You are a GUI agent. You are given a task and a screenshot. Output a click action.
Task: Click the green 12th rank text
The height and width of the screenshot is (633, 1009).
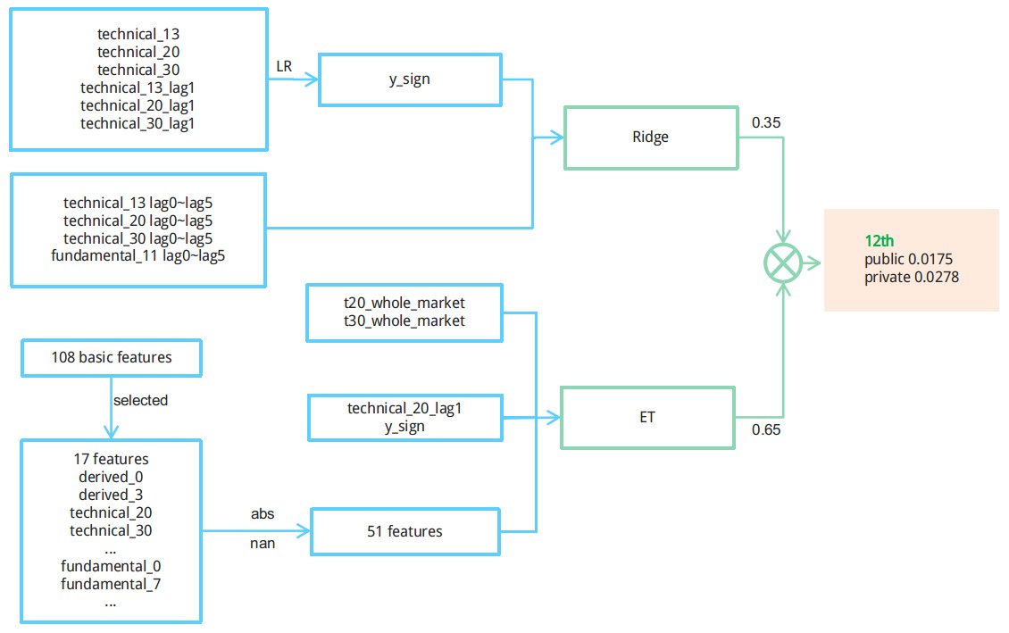(x=880, y=241)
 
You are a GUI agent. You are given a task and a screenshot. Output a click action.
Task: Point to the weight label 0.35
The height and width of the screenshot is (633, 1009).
(x=766, y=121)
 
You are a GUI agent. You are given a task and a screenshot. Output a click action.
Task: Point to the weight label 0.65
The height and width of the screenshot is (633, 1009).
(x=766, y=429)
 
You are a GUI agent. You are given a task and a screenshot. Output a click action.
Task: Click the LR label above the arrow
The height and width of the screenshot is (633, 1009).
(x=285, y=66)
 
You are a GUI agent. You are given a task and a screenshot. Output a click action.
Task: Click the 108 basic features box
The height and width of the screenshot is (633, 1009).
(x=112, y=358)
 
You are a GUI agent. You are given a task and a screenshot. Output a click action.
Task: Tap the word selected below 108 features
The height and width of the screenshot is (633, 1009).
(x=140, y=400)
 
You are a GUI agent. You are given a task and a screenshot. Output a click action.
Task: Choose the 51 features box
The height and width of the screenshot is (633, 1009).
(x=404, y=531)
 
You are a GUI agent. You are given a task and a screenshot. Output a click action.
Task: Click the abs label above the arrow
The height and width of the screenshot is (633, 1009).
(x=263, y=514)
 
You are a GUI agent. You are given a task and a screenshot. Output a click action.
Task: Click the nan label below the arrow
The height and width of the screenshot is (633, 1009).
(x=263, y=543)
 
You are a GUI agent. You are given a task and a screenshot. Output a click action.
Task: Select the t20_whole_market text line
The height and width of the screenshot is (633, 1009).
(x=404, y=304)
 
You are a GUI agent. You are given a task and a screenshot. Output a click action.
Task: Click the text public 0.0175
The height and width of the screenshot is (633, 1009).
(x=909, y=259)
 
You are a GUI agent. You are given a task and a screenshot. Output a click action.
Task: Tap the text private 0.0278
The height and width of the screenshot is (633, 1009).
(x=912, y=278)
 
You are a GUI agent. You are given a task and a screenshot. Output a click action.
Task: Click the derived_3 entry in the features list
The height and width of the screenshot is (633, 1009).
(x=111, y=495)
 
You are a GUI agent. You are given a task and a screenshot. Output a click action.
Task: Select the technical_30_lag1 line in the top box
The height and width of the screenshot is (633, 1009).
(x=138, y=124)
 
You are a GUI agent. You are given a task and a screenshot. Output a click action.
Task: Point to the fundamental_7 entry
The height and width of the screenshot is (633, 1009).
(x=111, y=584)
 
